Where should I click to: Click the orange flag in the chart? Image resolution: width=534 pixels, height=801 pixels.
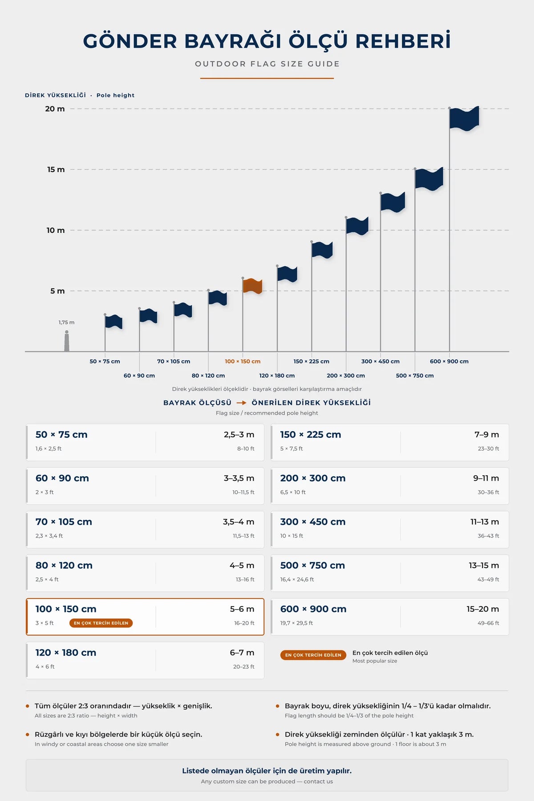pos(253,286)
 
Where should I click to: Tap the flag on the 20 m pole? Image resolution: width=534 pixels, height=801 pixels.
pos(465,119)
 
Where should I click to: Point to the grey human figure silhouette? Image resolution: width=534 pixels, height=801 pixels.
pos(67,341)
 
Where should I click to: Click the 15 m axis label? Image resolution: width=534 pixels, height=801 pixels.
pos(56,170)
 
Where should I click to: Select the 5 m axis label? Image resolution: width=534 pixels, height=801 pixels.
pos(57,291)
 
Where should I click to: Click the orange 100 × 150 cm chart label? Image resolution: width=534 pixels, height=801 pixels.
pos(243,361)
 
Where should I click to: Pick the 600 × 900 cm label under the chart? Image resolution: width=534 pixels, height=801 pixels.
pos(449,361)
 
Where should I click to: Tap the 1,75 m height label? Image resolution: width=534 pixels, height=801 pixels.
pos(66,322)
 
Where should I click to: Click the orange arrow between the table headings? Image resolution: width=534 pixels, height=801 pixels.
pos(242,403)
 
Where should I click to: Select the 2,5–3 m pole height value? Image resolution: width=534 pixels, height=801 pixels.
pos(239,435)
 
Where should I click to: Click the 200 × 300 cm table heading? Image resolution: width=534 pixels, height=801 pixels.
pos(313,478)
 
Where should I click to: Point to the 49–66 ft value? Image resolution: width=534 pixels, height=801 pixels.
pos(488,623)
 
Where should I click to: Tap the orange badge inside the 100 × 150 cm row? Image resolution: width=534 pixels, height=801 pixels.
pos(101,623)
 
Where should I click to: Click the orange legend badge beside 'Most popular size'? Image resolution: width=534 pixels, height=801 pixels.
pos(313,655)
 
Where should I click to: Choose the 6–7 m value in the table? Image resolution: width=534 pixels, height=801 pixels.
pos(242,653)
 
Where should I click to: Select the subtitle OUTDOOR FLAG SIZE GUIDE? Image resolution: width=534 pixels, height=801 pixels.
pos(267,64)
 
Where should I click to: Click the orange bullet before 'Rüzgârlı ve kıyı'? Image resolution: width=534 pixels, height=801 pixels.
pos(28,734)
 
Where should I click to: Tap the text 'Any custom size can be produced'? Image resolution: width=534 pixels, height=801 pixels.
pos(248,781)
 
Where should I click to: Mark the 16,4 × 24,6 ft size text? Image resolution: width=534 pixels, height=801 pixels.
pos(297,579)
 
